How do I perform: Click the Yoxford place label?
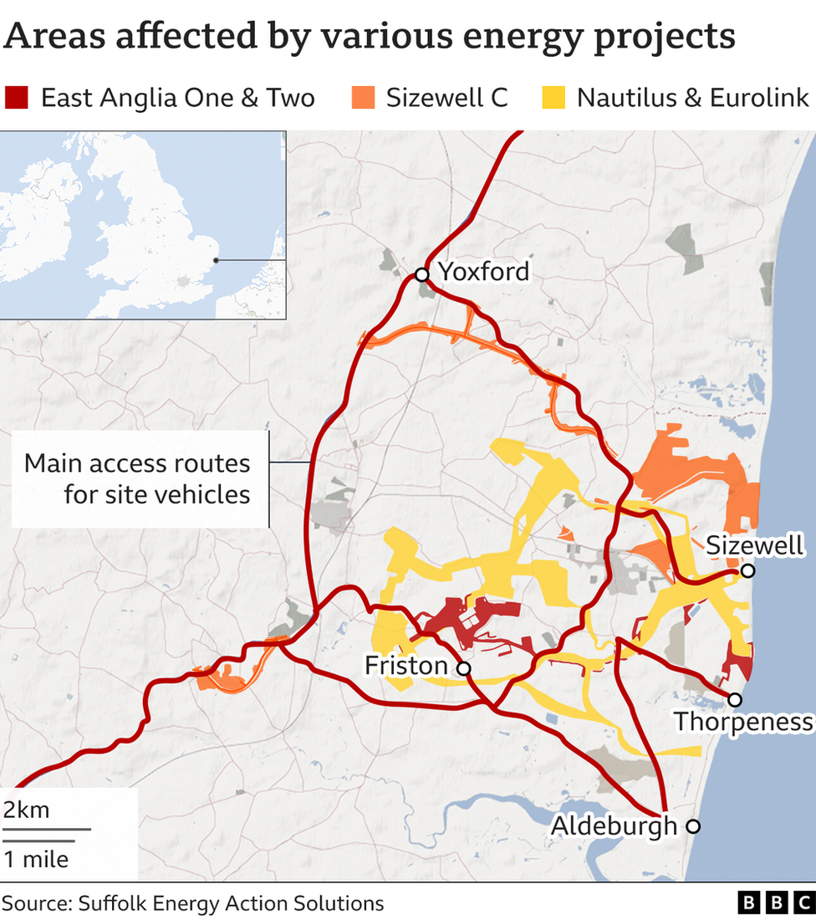[484, 272]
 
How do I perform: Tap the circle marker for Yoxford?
[422, 274]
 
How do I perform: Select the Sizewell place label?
[755, 546]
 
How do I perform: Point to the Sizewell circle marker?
[748, 570]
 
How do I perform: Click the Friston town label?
[406, 666]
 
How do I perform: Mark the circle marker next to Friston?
[463, 668]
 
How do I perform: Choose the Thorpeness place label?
[743, 722]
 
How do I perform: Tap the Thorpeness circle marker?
[735, 699]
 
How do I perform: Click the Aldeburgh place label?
[614, 826]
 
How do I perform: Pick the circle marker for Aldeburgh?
[693, 826]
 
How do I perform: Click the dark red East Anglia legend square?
[17, 98]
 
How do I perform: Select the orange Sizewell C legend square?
[362, 98]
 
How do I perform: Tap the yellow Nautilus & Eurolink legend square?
[553, 98]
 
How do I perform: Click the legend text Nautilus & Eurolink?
[693, 98]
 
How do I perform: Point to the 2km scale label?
[26, 810]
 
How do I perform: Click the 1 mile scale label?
[35, 859]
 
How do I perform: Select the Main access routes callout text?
[137, 478]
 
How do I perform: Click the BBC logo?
[775, 902]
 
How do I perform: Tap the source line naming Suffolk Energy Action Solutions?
[193, 903]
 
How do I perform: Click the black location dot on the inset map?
[216, 259]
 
